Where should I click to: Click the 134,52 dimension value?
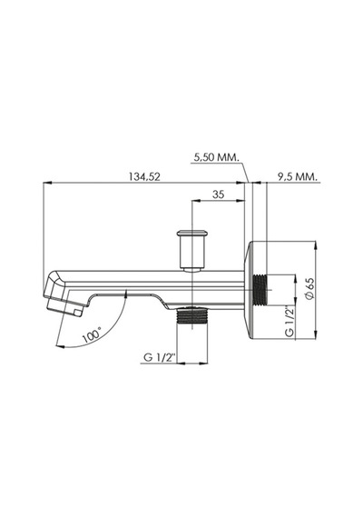144,176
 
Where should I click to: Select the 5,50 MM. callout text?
216,157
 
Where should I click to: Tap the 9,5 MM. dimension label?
298,176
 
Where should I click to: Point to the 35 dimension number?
218,194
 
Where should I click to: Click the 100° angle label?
92,335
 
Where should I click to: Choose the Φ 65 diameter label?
309,289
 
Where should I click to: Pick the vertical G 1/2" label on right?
289,322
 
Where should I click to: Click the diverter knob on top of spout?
192,251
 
